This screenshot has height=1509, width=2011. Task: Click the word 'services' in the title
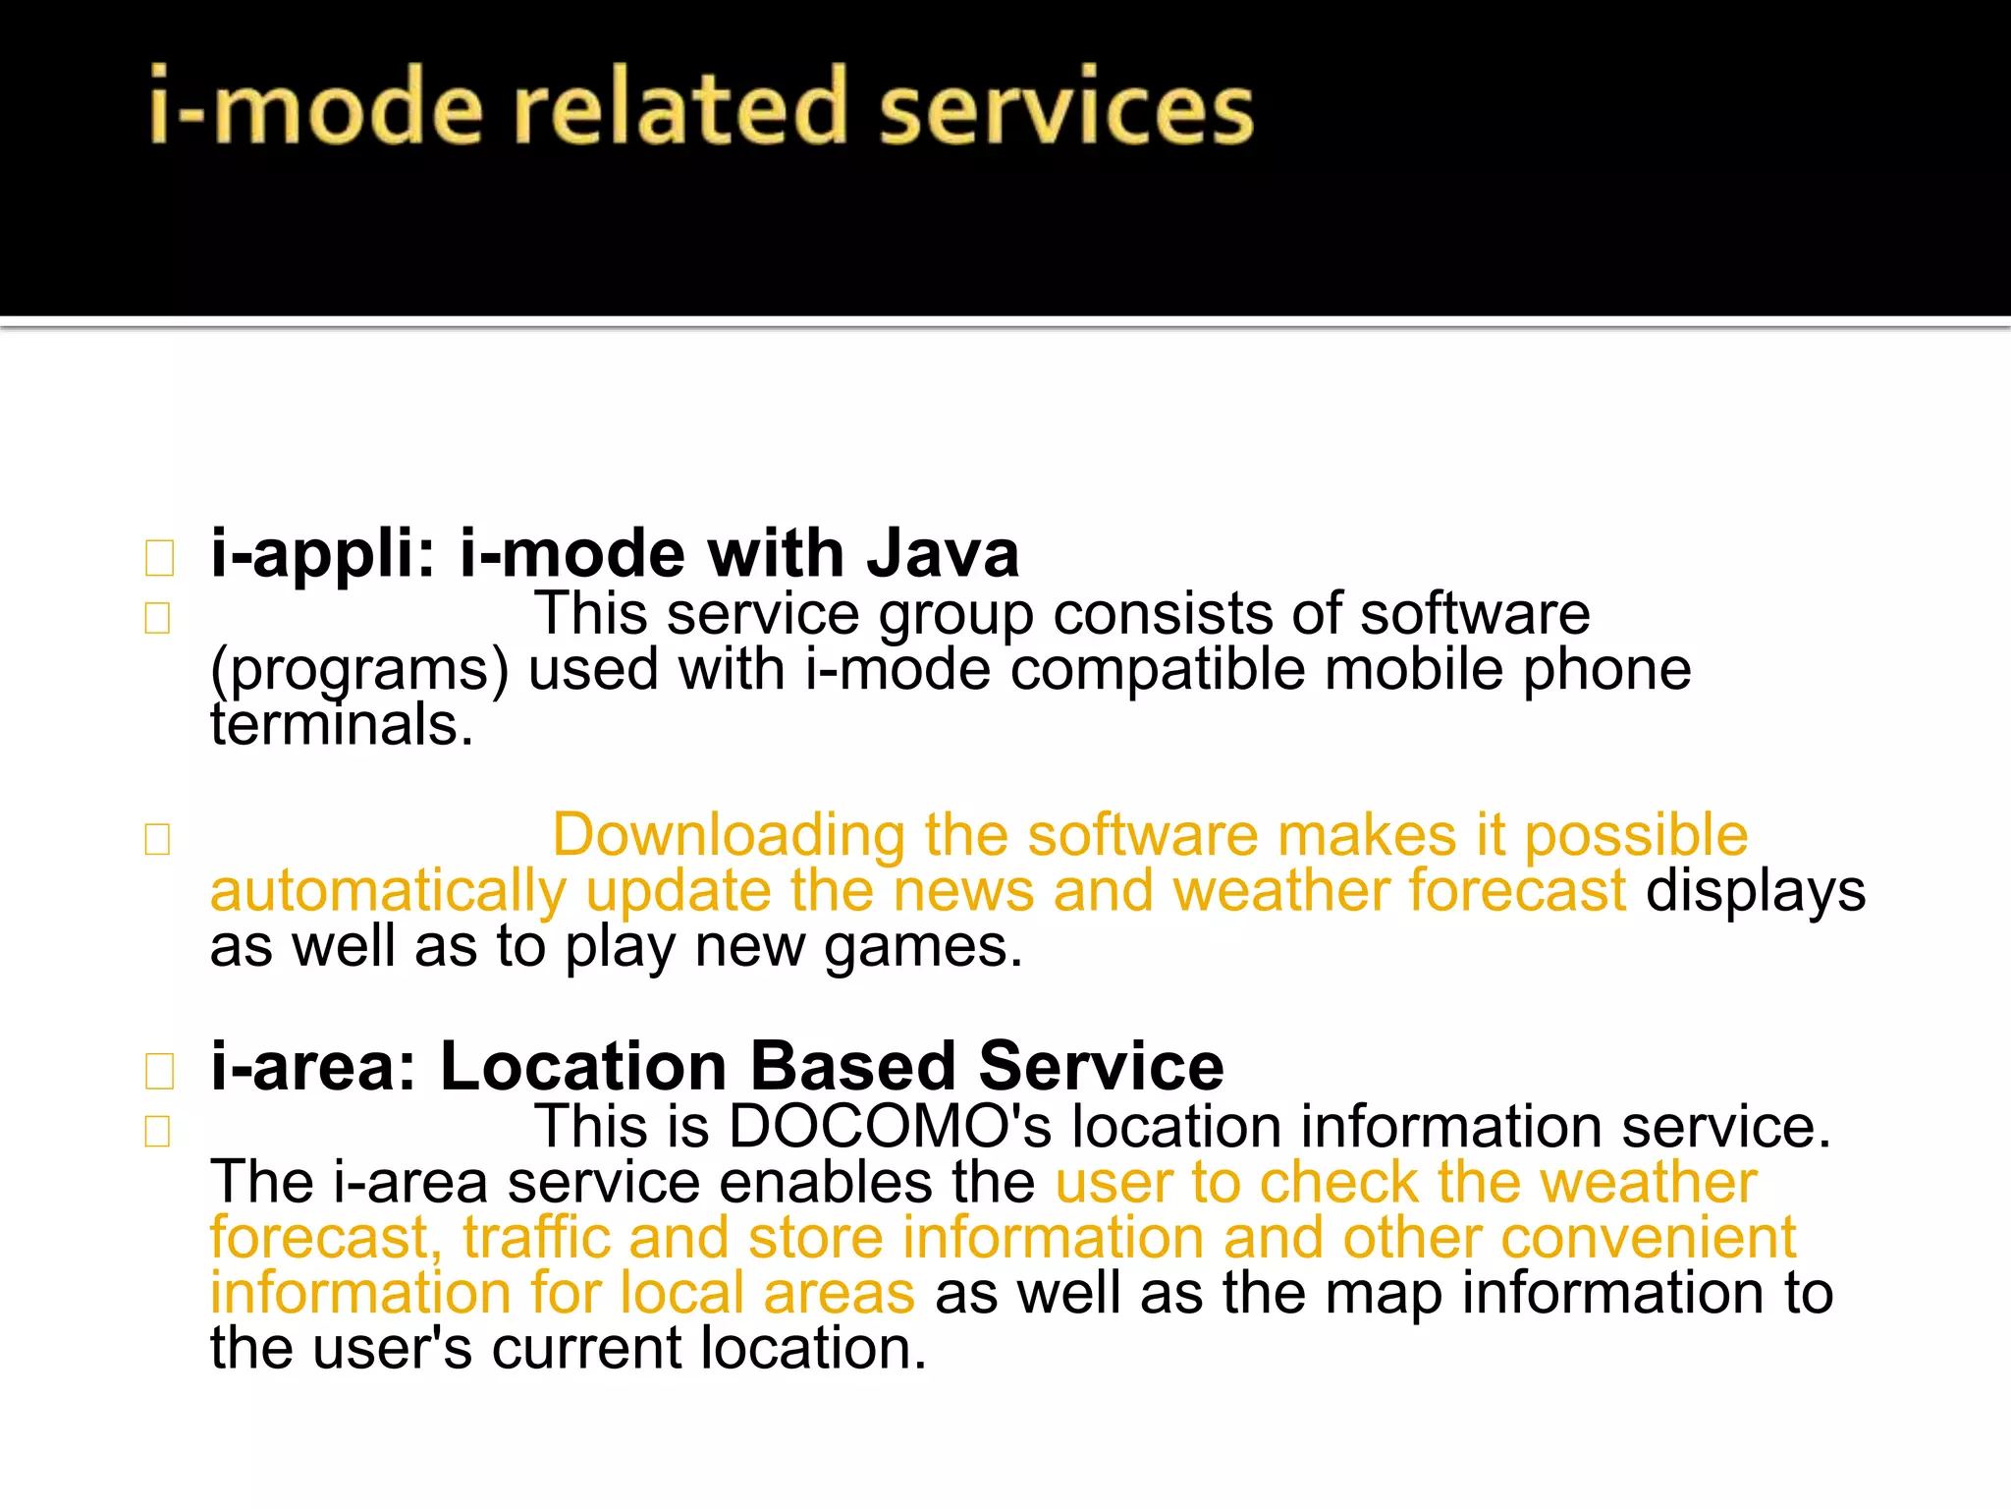tap(1065, 107)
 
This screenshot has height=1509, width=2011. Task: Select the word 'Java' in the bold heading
tap(943, 554)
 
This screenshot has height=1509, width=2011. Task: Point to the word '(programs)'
tap(359, 672)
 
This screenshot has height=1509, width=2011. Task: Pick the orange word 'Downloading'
tap(728, 836)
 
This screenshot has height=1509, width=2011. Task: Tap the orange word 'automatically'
tap(388, 892)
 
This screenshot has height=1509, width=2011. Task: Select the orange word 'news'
tap(963, 892)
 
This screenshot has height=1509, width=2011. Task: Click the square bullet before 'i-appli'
tap(158, 558)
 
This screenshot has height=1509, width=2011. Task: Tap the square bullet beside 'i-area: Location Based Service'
tap(158, 1071)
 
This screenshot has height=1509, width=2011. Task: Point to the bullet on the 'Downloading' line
tap(157, 839)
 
